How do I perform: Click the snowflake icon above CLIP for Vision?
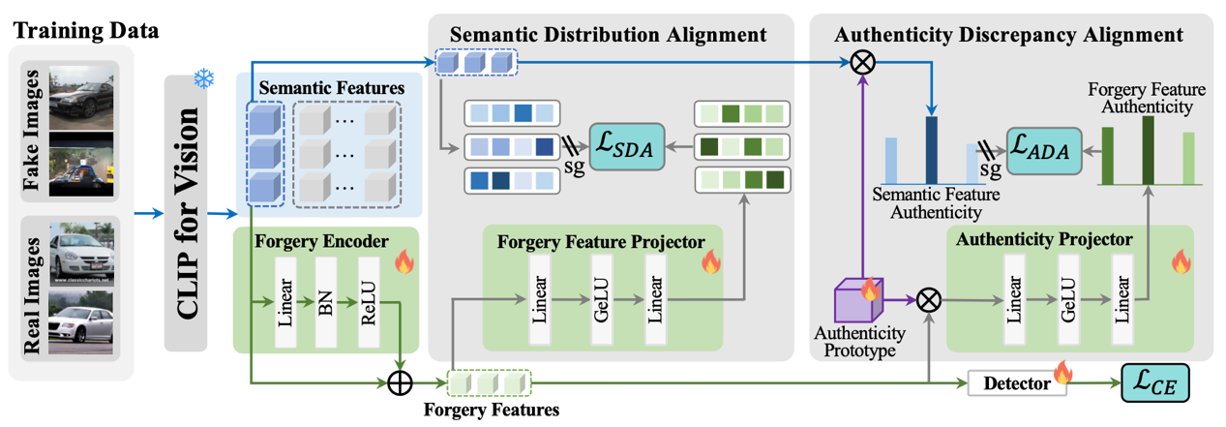click(203, 78)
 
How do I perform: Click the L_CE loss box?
click(1154, 383)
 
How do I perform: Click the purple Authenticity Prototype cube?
click(858, 300)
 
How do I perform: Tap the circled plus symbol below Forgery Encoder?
click(400, 383)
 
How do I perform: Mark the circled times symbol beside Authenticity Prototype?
click(928, 300)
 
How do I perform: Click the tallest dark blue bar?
click(930, 150)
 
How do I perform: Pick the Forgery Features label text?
click(492, 410)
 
